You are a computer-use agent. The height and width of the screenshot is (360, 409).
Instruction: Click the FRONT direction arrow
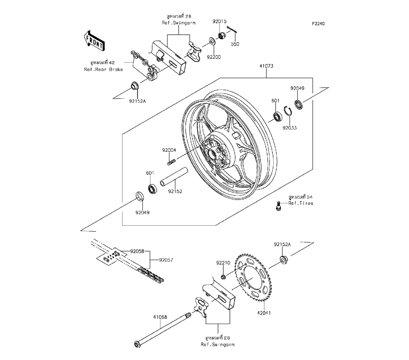[x=94, y=40]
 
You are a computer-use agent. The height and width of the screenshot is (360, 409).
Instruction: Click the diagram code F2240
[x=319, y=24]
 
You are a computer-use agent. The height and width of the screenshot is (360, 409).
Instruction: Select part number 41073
[x=266, y=66]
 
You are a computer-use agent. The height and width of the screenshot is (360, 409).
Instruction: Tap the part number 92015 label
[x=219, y=21]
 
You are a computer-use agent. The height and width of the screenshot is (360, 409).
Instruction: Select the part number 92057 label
[x=166, y=259]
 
